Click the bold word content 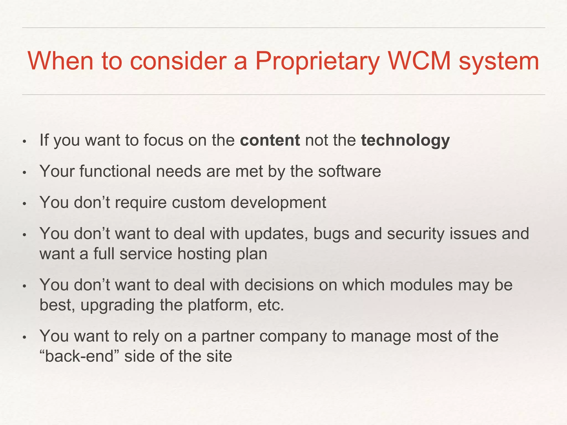[270, 140]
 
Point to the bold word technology [405, 141]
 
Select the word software [349, 171]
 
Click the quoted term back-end [79, 356]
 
